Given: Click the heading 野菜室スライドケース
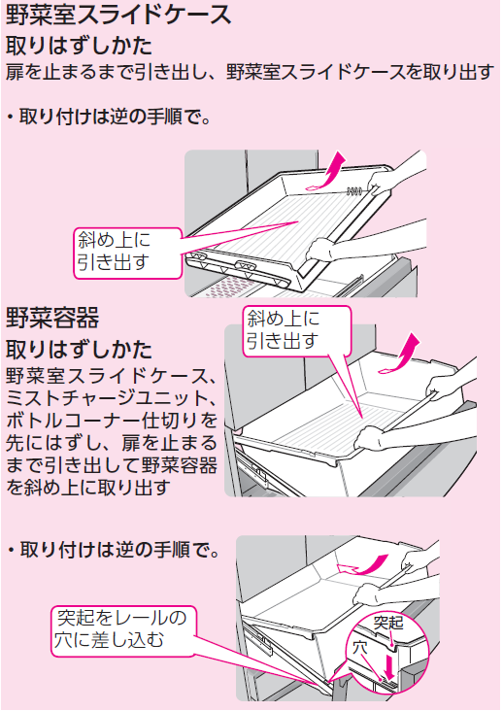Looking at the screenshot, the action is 118,15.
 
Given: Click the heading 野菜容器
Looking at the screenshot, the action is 52,318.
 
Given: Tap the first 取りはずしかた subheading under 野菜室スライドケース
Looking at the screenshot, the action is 79,46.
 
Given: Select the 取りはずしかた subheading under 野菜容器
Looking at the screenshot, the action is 79,349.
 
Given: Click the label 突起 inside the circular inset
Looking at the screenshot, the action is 388,623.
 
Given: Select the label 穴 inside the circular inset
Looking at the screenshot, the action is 360,648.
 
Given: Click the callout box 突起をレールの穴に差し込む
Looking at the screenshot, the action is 123,630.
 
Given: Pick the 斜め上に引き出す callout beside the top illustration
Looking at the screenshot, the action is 127,252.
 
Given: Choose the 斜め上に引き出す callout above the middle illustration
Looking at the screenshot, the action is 297,330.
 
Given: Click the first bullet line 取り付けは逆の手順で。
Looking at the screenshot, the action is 109,118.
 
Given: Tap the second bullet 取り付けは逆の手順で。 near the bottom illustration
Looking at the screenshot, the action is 114,551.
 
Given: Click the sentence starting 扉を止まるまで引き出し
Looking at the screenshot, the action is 250,72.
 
